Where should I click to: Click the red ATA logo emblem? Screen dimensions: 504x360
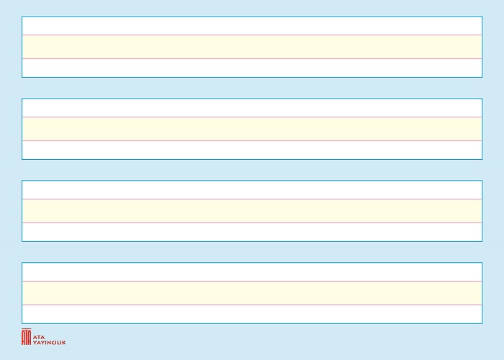(27, 336)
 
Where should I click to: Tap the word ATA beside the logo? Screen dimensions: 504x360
(39, 337)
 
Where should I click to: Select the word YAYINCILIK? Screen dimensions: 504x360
(49, 343)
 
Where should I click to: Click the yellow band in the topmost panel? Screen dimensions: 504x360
(252, 47)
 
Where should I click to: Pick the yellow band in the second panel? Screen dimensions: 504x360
(252, 129)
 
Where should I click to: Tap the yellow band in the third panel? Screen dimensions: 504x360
(252, 211)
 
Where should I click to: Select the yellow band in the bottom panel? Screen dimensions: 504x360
(252, 293)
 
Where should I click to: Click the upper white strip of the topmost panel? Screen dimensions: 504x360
(252, 26)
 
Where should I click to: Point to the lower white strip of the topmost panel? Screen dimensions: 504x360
(252, 68)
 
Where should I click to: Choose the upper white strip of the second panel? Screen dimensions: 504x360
(252, 108)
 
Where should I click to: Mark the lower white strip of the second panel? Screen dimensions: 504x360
(252, 150)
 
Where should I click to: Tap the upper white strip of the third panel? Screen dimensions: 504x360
(252, 190)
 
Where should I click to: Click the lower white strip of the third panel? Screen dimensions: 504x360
(252, 232)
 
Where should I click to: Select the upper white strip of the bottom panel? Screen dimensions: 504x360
(252, 272)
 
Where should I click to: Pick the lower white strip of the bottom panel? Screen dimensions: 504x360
(252, 314)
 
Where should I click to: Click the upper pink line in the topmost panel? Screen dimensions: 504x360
(252, 35)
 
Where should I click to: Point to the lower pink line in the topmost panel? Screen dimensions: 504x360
(252, 58)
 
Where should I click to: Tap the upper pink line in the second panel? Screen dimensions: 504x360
(252, 117)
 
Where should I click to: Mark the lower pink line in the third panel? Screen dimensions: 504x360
(252, 222)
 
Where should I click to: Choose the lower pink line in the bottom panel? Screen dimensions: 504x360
(252, 305)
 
